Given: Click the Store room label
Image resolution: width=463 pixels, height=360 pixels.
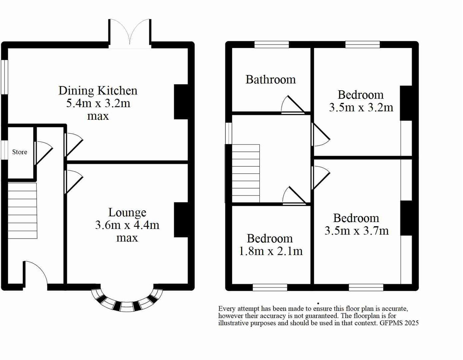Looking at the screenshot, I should click(20, 152).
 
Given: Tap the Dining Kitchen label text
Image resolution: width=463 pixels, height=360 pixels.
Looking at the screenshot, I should click(98, 91).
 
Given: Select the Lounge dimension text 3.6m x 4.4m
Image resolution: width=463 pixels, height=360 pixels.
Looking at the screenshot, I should click(127, 225).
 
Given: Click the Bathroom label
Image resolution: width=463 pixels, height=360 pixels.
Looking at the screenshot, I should click(270, 79).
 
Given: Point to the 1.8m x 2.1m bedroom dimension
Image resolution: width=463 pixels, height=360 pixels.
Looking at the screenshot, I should click(270, 251).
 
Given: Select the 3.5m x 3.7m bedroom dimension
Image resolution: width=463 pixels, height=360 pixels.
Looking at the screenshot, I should click(356, 231).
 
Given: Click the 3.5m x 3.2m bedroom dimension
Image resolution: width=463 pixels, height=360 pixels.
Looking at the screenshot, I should click(361, 107).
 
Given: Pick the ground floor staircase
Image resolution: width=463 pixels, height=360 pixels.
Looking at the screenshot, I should click(22, 210).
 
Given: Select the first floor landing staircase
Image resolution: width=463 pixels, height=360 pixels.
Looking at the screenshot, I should click(246, 173).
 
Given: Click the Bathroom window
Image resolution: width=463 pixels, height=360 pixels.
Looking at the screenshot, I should click(271, 45).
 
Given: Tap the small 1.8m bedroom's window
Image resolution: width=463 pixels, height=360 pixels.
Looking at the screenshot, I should click(270, 287).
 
